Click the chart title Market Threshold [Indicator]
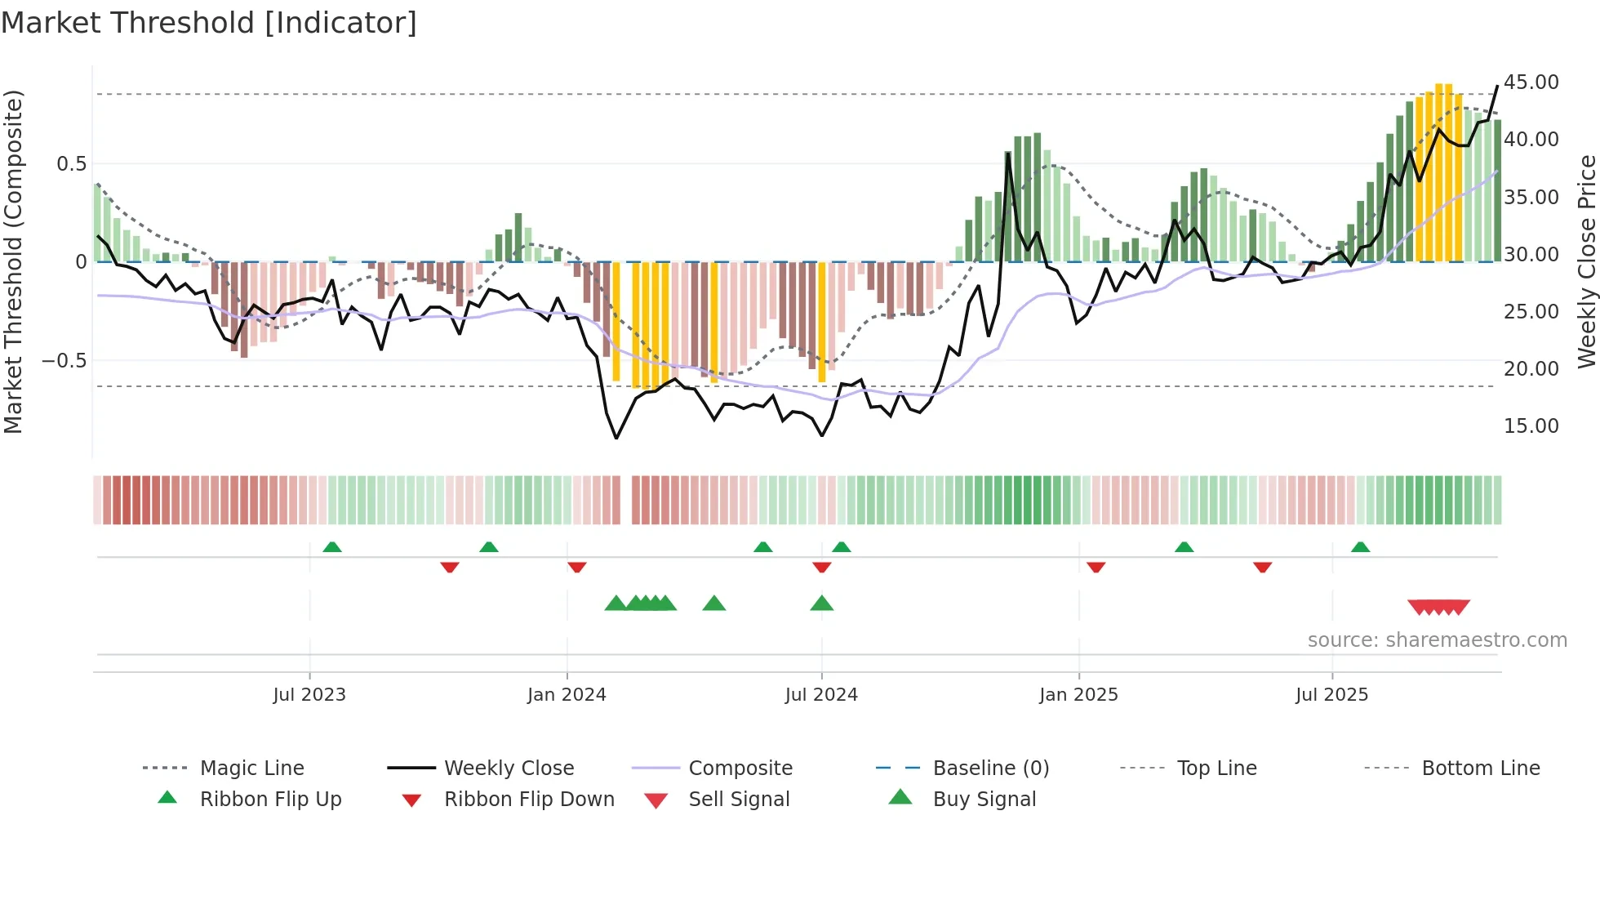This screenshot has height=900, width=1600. (209, 23)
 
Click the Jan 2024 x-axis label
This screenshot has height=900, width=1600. (567, 694)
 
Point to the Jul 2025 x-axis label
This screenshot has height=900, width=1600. (1331, 694)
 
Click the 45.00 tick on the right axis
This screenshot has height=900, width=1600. (1531, 82)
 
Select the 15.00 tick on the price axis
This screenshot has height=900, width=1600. (1531, 425)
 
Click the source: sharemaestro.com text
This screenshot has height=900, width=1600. (1437, 639)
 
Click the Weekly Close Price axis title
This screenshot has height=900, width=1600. (1586, 261)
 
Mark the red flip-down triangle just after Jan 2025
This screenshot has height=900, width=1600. (1096, 567)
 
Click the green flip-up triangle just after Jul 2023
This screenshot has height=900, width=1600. (332, 547)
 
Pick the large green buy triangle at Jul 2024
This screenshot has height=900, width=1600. (821, 604)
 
